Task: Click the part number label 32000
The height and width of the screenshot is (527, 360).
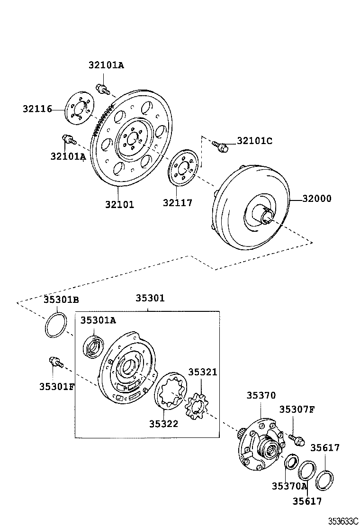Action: (314, 199)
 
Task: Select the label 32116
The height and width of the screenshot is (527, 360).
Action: (37, 109)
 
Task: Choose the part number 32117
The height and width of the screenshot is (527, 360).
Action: (178, 203)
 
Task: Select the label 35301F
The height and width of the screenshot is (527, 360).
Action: (57, 386)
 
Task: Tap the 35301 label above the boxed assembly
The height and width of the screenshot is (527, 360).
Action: (150, 298)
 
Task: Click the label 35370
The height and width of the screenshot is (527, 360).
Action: (261, 395)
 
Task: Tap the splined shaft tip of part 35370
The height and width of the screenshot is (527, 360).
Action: (241, 433)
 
